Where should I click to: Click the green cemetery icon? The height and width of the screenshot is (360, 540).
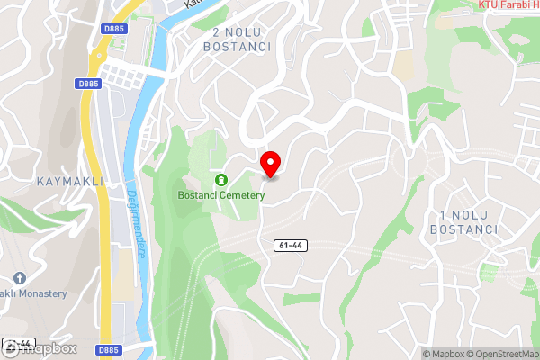pyautogui.click(x=220, y=180)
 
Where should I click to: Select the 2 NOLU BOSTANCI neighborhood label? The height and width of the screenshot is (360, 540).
pyautogui.click(x=240, y=39)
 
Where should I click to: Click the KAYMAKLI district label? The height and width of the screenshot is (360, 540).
pyautogui.click(x=70, y=181)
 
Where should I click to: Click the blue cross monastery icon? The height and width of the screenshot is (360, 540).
pyautogui.click(x=20, y=277)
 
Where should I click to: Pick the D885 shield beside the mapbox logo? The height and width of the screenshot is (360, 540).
pyautogui.click(x=108, y=348)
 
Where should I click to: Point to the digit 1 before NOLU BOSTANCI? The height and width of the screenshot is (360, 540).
pyautogui.click(x=444, y=215)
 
